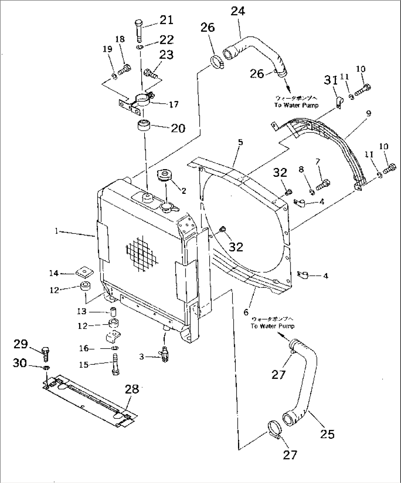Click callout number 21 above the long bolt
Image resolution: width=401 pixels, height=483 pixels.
point(166,20)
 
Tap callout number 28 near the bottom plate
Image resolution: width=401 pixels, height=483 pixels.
point(132,389)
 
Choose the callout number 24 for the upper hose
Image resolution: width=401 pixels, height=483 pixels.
point(238,11)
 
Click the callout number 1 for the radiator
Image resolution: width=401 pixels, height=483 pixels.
point(56,231)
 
